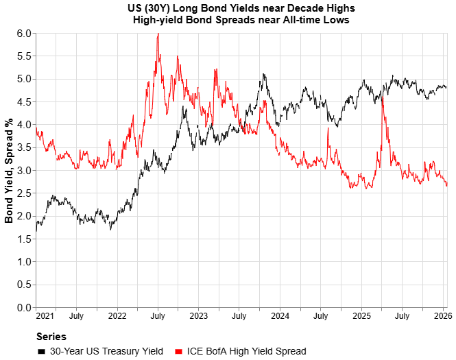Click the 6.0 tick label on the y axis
(24, 34)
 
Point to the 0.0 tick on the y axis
(24, 307)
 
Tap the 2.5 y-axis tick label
(24, 193)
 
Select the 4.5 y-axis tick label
(24, 102)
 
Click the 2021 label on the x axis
(45, 316)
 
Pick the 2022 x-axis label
(117, 316)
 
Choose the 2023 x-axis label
(198, 316)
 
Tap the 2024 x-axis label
(280, 316)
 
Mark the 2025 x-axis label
(361, 316)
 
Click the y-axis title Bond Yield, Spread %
(10, 170)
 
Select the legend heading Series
(51, 337)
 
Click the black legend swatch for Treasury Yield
(42, 351)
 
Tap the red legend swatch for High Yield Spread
(178, 351)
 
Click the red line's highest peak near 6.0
(158, 34)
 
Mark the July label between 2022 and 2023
(158, 316)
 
